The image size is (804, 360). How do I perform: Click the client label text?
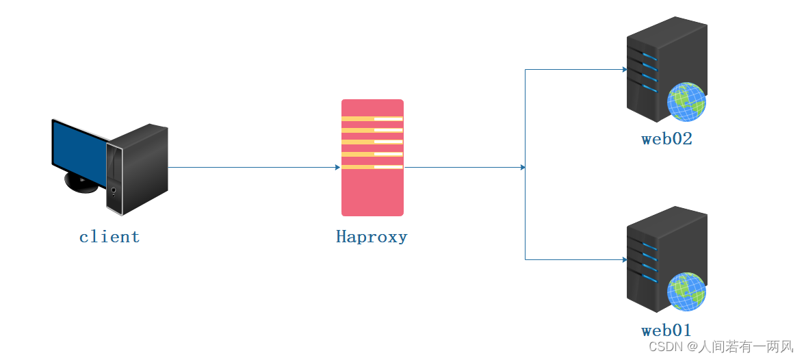point(109,237)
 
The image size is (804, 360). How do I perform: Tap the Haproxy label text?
point(372,237)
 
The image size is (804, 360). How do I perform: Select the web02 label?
point(666,140)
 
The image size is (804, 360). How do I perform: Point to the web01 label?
point(666,330)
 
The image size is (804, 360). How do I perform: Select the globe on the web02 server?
point(686,101)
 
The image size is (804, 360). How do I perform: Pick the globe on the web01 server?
point(686,291)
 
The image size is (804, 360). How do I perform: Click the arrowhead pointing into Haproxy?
point(337,167)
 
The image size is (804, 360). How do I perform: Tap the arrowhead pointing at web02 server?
point(624,70)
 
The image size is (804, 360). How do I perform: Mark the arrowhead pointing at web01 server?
point(624,260)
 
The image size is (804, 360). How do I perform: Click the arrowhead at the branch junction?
point(523,167)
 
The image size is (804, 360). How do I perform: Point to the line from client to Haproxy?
point(253,167)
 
